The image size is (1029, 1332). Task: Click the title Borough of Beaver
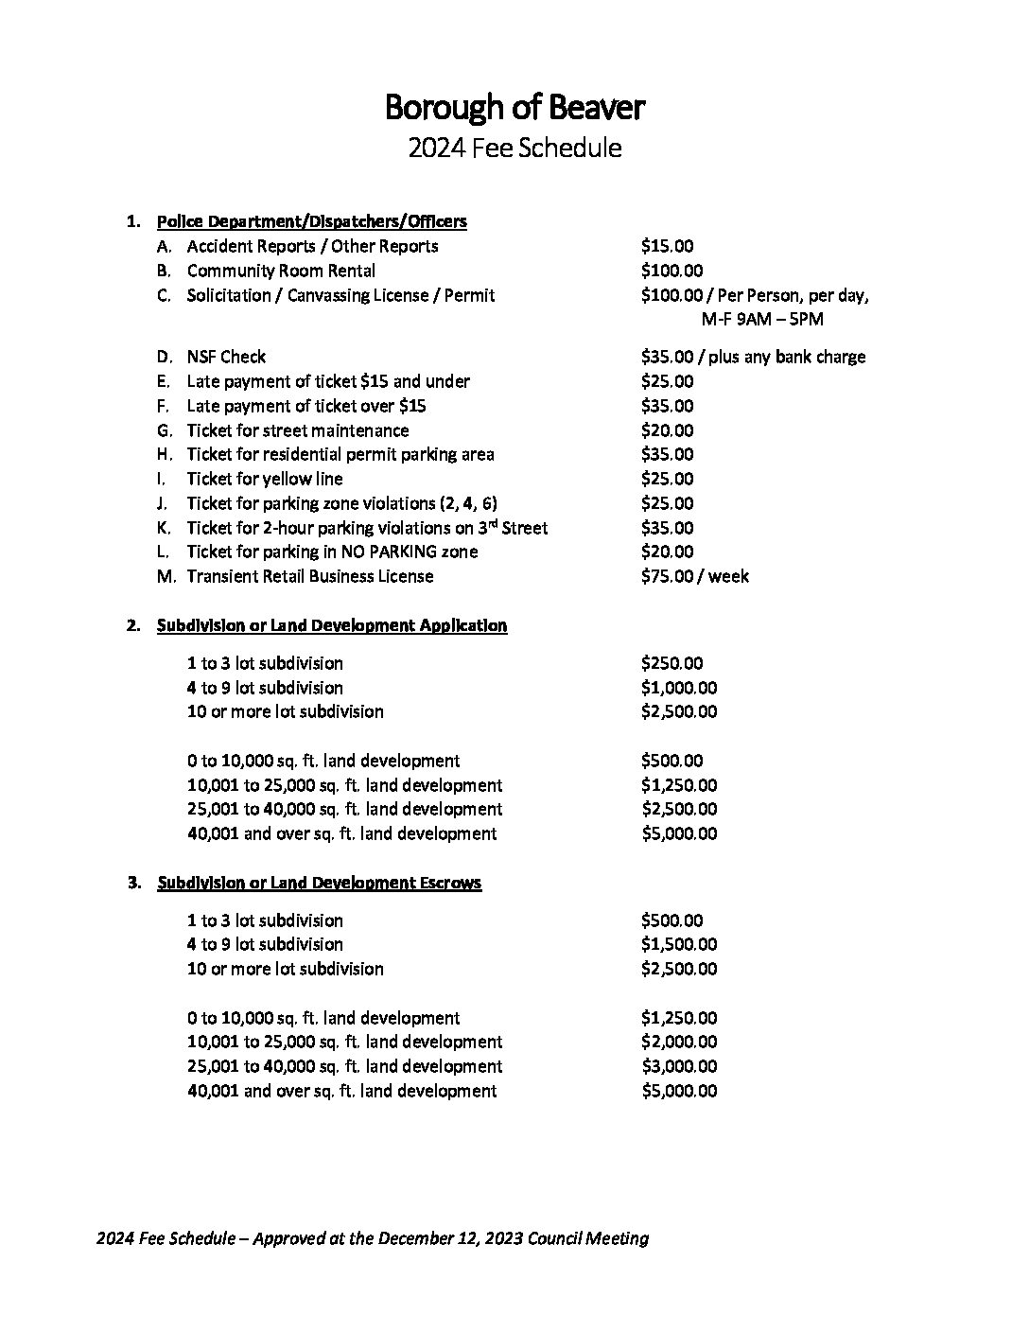[514, 108]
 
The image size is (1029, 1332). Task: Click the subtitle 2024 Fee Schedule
[514, 149]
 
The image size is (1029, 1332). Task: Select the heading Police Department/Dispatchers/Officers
[311, 221]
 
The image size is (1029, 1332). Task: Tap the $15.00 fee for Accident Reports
[667, 246]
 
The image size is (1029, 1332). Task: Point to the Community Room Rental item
[281, 271]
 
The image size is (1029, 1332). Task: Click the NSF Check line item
[226, 357]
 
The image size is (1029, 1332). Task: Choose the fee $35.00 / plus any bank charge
[753, 357]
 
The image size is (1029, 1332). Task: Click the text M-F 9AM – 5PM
[762, 320]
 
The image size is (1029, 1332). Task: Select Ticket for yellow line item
[264, 479]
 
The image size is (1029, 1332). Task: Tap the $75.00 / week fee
[694, 576]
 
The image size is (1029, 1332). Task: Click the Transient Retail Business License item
[309, 576]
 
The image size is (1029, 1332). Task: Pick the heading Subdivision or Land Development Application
[332, 625]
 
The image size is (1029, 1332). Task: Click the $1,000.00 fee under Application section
[678, 688]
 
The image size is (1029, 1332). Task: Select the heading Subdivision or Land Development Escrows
[319, 883]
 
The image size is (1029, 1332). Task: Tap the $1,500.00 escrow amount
[678, 944]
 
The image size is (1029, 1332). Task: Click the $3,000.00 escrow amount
[678, 1066]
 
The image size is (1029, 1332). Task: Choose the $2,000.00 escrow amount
[678, 1042]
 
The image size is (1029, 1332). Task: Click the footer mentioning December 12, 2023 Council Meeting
[373, 1238]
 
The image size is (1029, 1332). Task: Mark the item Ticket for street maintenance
[297, 430]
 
